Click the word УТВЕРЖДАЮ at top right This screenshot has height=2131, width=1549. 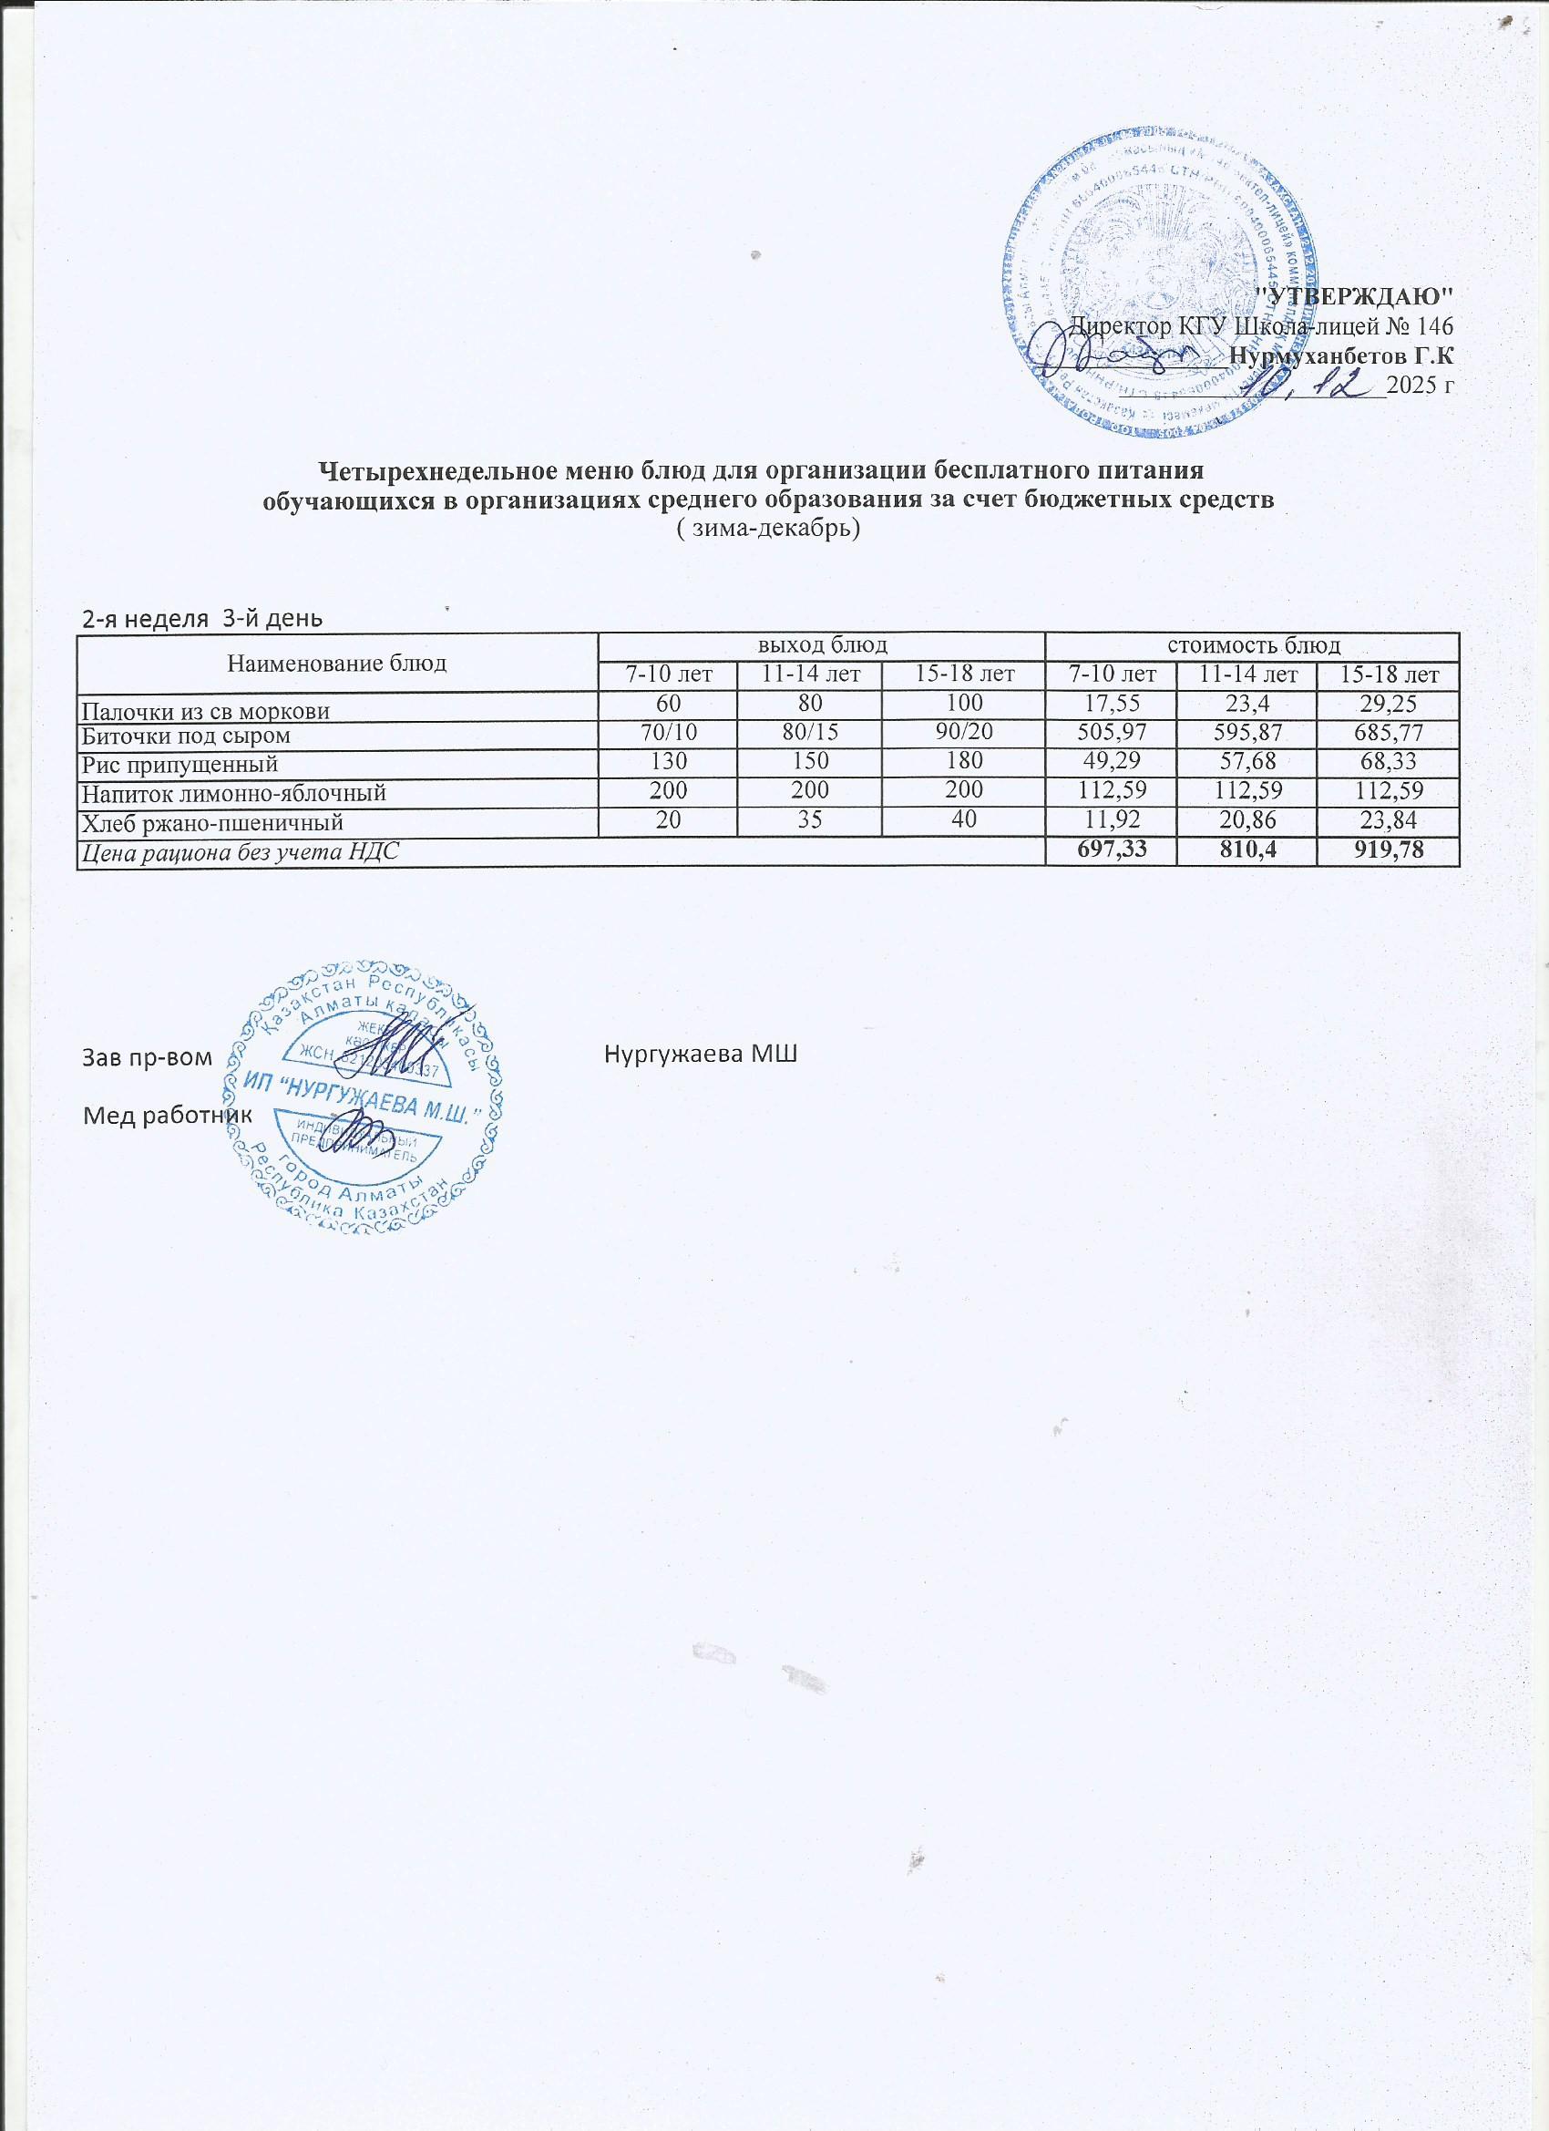[x=1355, y=296]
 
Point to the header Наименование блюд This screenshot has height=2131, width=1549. [x=337, y=663]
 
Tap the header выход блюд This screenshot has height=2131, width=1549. [x=823, y=645]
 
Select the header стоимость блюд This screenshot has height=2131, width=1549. [x=1252, y=645]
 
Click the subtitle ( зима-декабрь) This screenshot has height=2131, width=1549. [x=768, y=529]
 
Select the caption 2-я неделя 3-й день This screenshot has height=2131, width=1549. [x=202, y=618]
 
